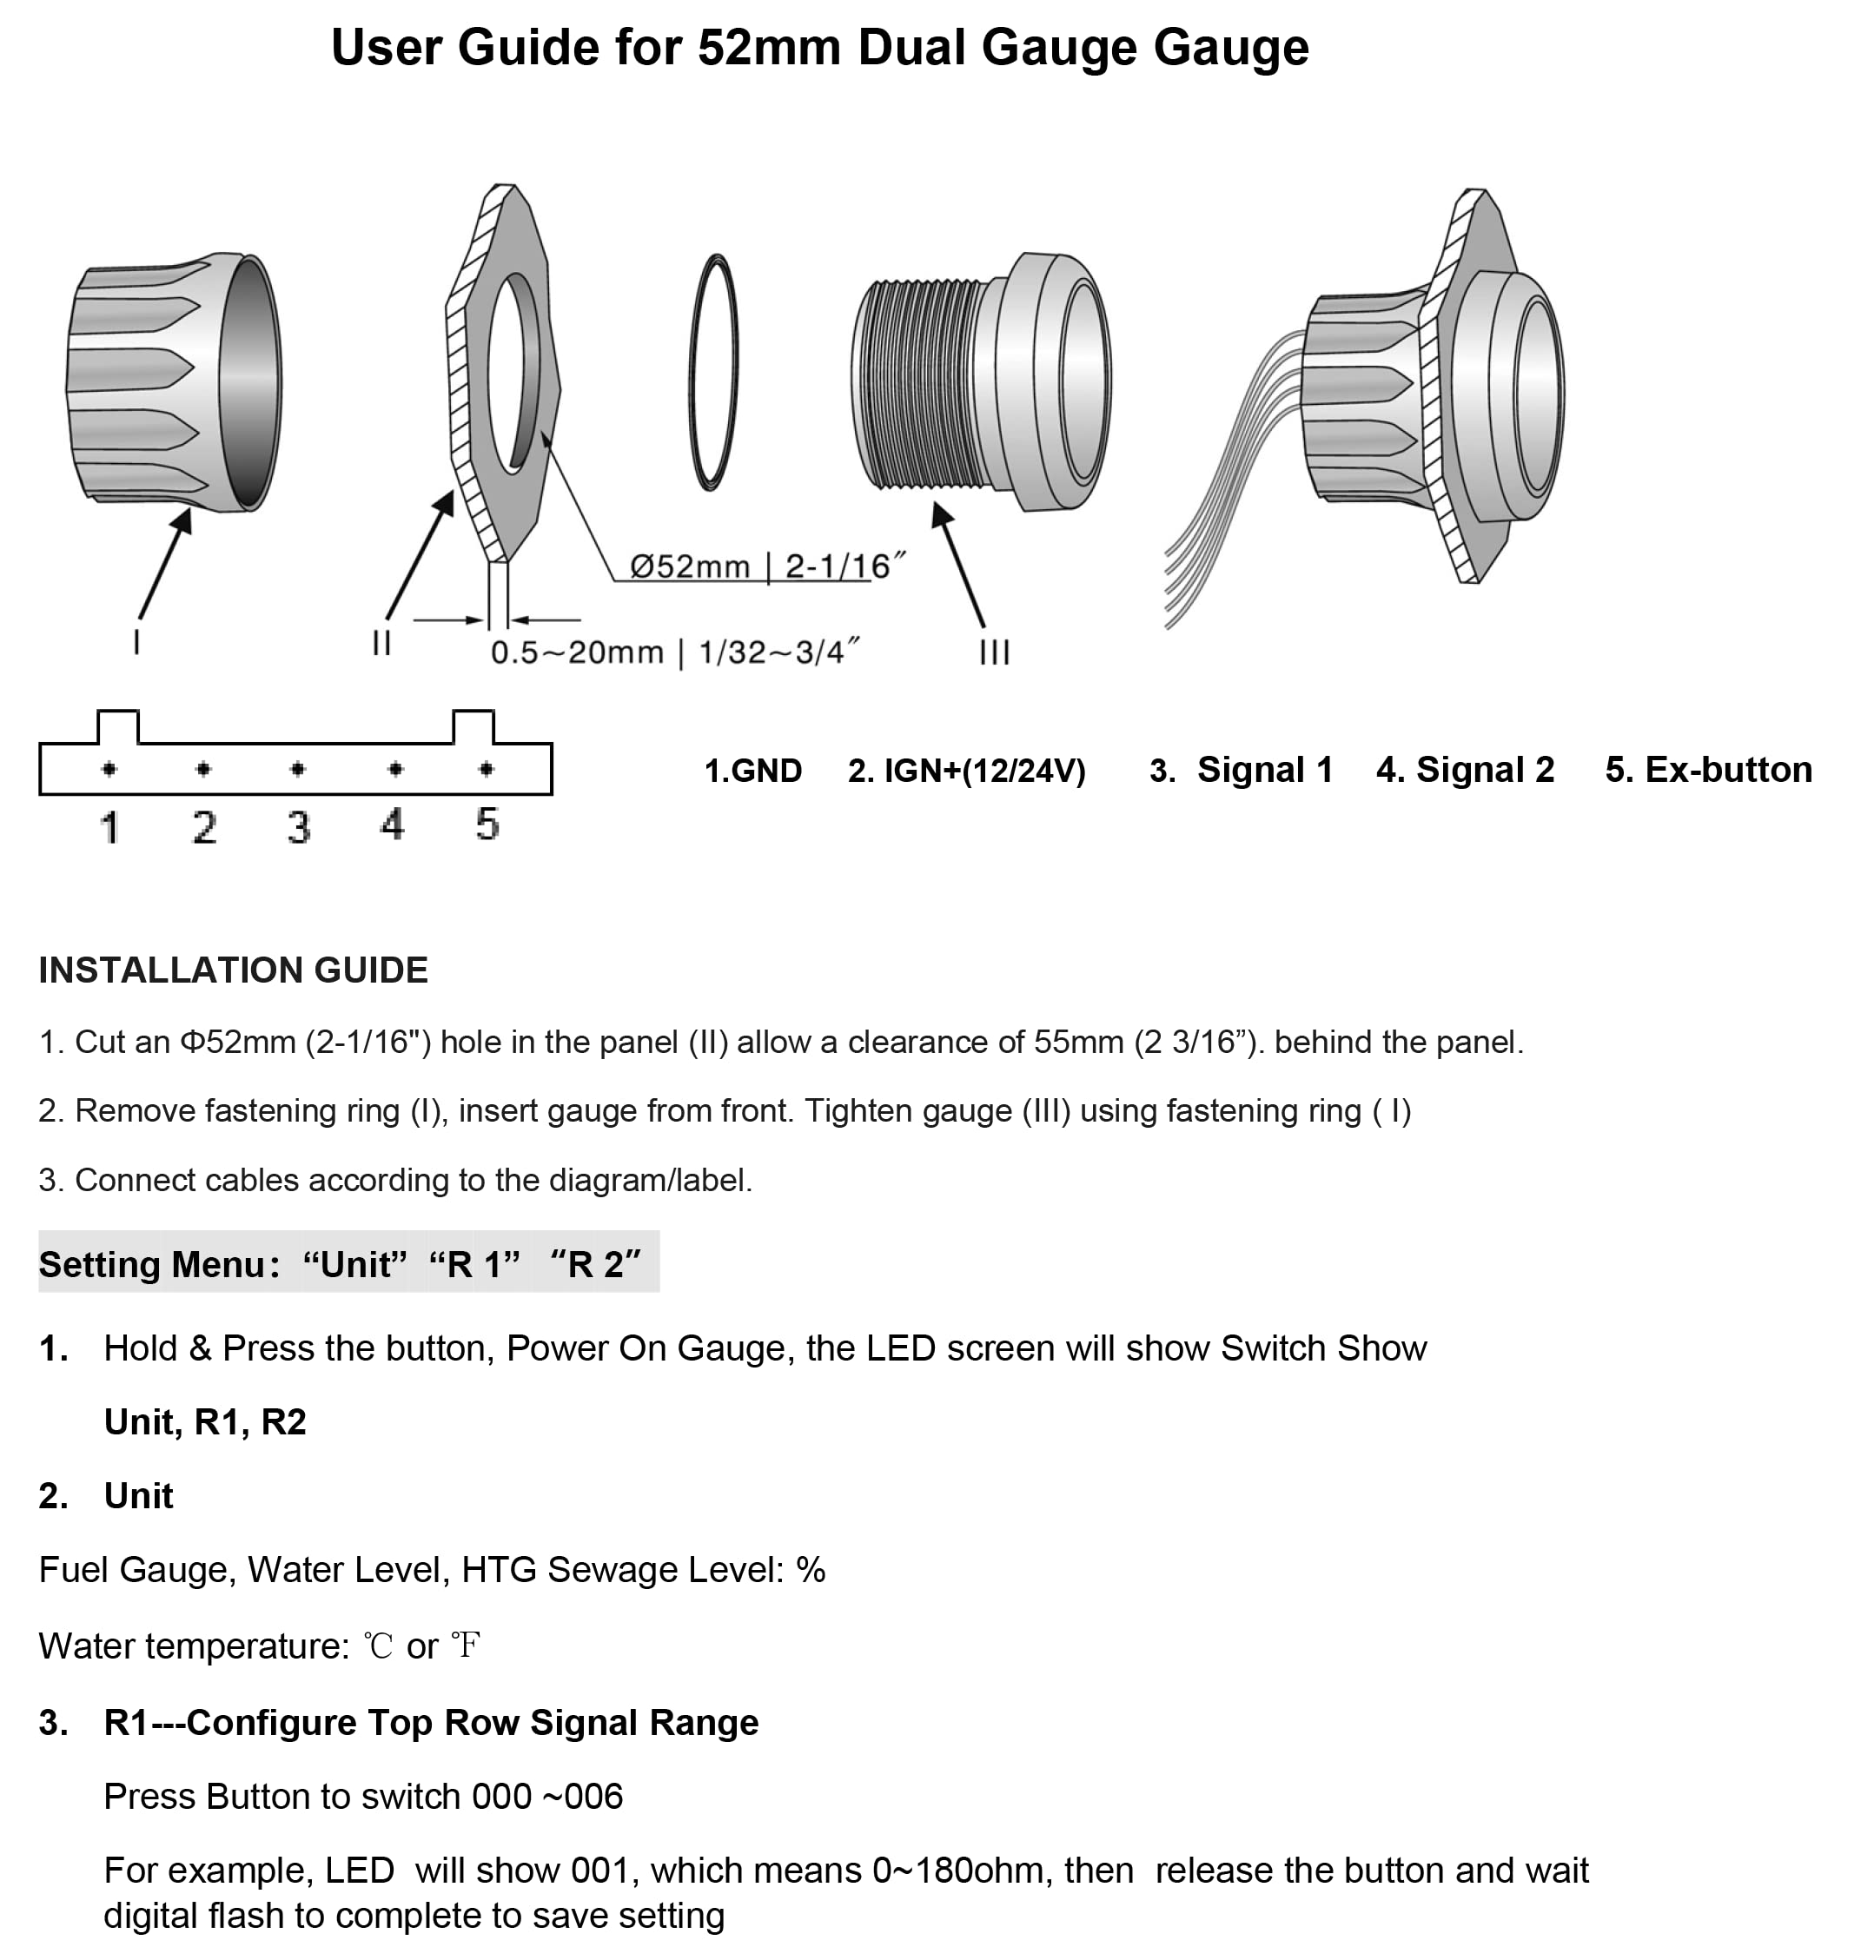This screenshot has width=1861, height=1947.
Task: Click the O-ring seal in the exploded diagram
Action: (691, 373)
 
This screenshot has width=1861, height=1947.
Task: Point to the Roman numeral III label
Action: (994, 652)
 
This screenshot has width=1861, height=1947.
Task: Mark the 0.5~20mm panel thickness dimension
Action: (674, 652)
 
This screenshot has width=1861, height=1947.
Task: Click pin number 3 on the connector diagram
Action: (299, 826)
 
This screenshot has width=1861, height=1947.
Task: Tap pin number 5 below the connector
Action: (487, 824)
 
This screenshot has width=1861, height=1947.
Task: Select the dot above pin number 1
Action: (109, 769)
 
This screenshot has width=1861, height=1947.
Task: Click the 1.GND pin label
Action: (753, 771)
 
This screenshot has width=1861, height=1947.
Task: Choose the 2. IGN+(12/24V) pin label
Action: (966, 771)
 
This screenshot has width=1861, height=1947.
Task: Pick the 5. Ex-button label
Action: (1708, 770)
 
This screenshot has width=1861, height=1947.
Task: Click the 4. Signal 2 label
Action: (1465, 770)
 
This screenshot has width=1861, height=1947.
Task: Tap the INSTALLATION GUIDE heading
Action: (233, 970)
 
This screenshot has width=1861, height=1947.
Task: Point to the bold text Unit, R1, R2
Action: (205, 1422)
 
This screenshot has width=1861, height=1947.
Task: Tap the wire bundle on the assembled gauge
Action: (1230, 476)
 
